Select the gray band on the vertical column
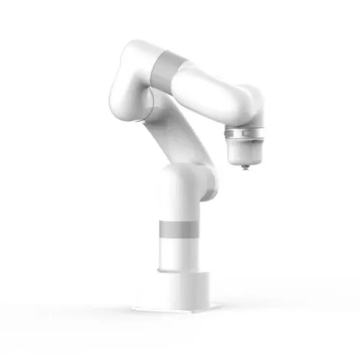(177, 230)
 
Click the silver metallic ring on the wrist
(244, 136)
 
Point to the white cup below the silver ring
(245, 151)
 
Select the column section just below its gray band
(177, 253)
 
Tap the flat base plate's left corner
(136, 308)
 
